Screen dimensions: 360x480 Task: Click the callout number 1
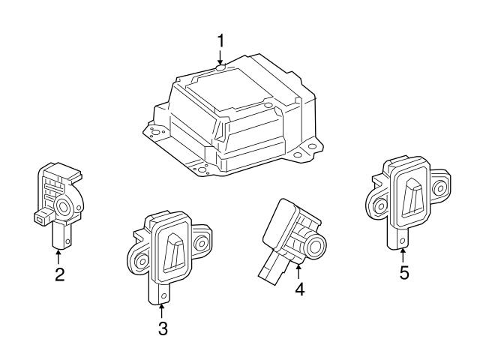pyautogui.click(x=220, y=38)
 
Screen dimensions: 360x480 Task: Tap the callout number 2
pyautogui.click(x=59, y=274)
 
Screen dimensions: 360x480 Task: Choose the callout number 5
pyautogui.click(x=404, y=273)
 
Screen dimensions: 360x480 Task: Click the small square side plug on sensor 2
pyautogui.click(x=42, y=218)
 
